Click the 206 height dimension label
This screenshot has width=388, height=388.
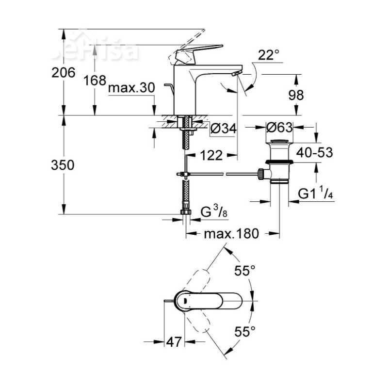(64, 73)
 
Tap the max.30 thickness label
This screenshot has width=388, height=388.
(131, 88)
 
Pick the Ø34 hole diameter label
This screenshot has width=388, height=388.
(224, 129)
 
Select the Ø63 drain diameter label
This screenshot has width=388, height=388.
(280, 128)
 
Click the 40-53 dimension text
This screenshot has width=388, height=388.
(315, 153)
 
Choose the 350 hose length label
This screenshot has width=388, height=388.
(64, 165)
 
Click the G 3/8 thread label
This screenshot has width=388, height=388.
(213, 212)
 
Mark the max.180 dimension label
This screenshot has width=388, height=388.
(231, 234)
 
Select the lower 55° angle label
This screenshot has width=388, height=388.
(245, 332)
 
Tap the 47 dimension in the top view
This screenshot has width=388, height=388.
(173, 341)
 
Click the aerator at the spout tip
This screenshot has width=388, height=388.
(236, 73)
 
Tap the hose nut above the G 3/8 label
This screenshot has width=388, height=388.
(185, 211)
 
